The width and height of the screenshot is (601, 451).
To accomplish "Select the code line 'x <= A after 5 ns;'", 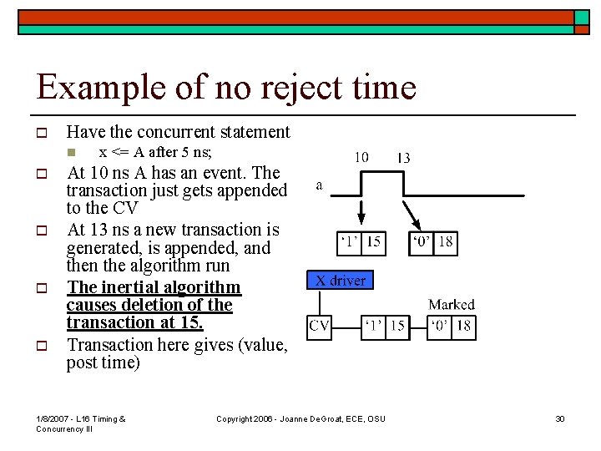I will coord(155,152).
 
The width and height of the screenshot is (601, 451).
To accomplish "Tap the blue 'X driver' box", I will coord(341,280).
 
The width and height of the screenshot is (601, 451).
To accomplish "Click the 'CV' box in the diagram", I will coord(320,327).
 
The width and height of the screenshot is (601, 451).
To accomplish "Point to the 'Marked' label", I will coord(451,305).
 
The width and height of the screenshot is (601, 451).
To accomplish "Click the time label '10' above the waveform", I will coord(362,157).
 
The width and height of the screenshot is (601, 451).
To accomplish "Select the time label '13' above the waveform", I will coord(403,157).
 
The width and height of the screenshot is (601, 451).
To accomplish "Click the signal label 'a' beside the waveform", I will coord(320,185).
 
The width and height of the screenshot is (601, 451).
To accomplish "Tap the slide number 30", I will coord(560,418).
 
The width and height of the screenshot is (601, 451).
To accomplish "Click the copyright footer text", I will coord(300,418).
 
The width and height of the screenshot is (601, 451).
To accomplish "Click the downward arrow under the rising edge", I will coord(361,213).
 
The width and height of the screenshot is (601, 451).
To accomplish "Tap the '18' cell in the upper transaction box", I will coord(446,242).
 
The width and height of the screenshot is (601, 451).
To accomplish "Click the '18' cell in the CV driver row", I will coord(464,327).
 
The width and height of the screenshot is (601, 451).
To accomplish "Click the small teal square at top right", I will coord(582,18).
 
